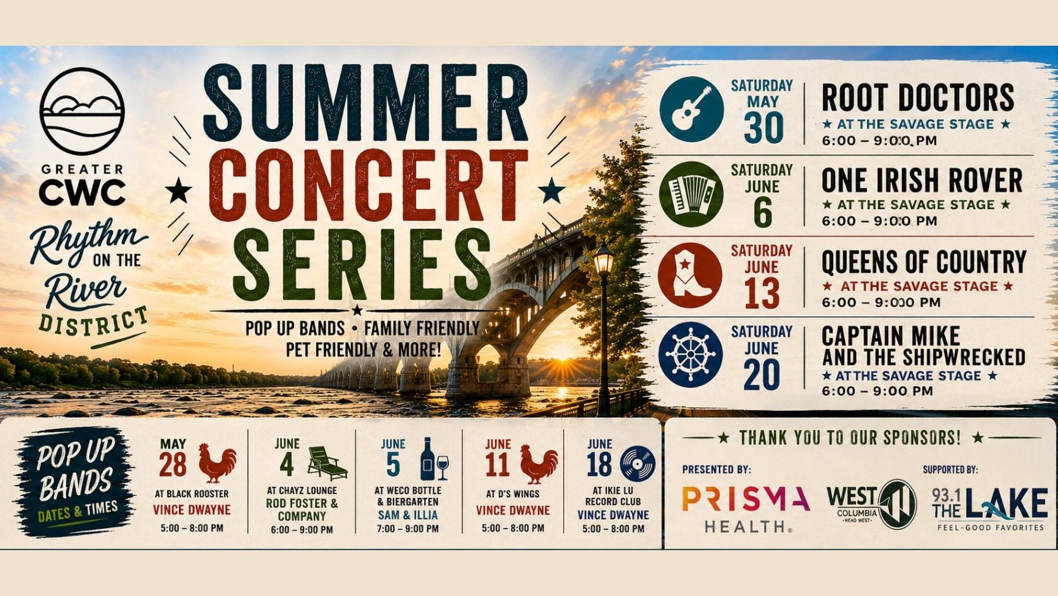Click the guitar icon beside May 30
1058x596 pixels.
(692, 110)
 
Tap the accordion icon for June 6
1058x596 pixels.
(692, 195)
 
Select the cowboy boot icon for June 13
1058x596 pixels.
(690, 276)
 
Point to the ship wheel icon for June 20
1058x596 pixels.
(690, 355)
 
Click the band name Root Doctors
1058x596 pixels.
(918, 98)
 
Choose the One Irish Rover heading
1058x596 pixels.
(922, 181)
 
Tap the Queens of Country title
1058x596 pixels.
(924, 262)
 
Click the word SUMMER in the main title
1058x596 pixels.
(365, 103)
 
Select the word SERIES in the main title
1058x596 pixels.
(362, 264)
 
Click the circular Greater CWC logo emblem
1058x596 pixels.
(82, 111)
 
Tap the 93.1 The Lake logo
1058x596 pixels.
(990, 509)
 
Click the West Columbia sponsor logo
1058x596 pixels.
(872, 505)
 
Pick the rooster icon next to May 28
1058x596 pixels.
(217, 463)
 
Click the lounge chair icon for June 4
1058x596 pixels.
(327, 463)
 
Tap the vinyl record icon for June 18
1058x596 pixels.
(637, 464)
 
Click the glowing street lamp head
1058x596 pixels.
(603, 259)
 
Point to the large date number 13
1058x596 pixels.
(762, 293)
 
